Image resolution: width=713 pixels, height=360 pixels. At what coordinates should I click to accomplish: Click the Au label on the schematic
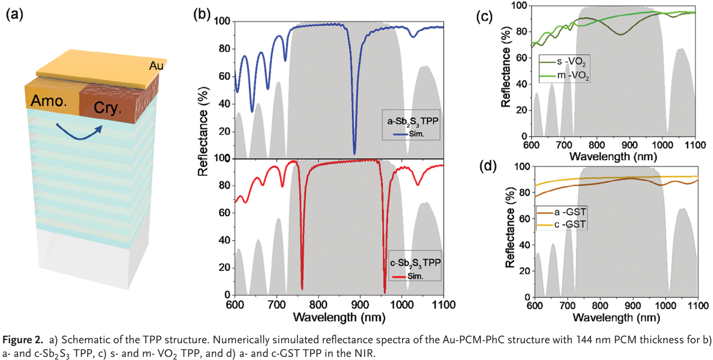(156, 66)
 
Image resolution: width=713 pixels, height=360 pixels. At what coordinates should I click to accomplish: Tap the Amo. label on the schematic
(48, 101)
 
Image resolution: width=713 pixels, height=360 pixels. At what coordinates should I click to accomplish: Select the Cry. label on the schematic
(107, 108)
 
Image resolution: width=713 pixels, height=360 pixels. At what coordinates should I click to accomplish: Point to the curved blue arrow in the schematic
(79, 132)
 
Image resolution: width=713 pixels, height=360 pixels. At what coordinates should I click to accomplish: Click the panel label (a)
(14, 14)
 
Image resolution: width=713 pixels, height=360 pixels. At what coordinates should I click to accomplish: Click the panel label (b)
(202, 14)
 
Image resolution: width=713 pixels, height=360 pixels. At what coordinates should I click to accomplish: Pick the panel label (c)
(484, 16)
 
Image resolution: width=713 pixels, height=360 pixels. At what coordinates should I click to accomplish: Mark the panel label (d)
(488, 166)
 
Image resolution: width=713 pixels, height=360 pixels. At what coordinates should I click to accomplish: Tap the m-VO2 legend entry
(564, 75)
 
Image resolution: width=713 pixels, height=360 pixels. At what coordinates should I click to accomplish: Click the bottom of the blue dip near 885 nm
(354, 153)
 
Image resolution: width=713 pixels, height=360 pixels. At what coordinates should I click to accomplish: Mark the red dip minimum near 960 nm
(385, 292)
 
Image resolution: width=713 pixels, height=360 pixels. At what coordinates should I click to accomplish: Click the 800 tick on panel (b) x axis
(318, 305)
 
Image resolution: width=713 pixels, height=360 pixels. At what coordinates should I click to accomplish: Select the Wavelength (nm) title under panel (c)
(613, 157)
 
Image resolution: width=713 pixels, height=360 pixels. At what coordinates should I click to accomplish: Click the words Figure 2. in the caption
(23, 340)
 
